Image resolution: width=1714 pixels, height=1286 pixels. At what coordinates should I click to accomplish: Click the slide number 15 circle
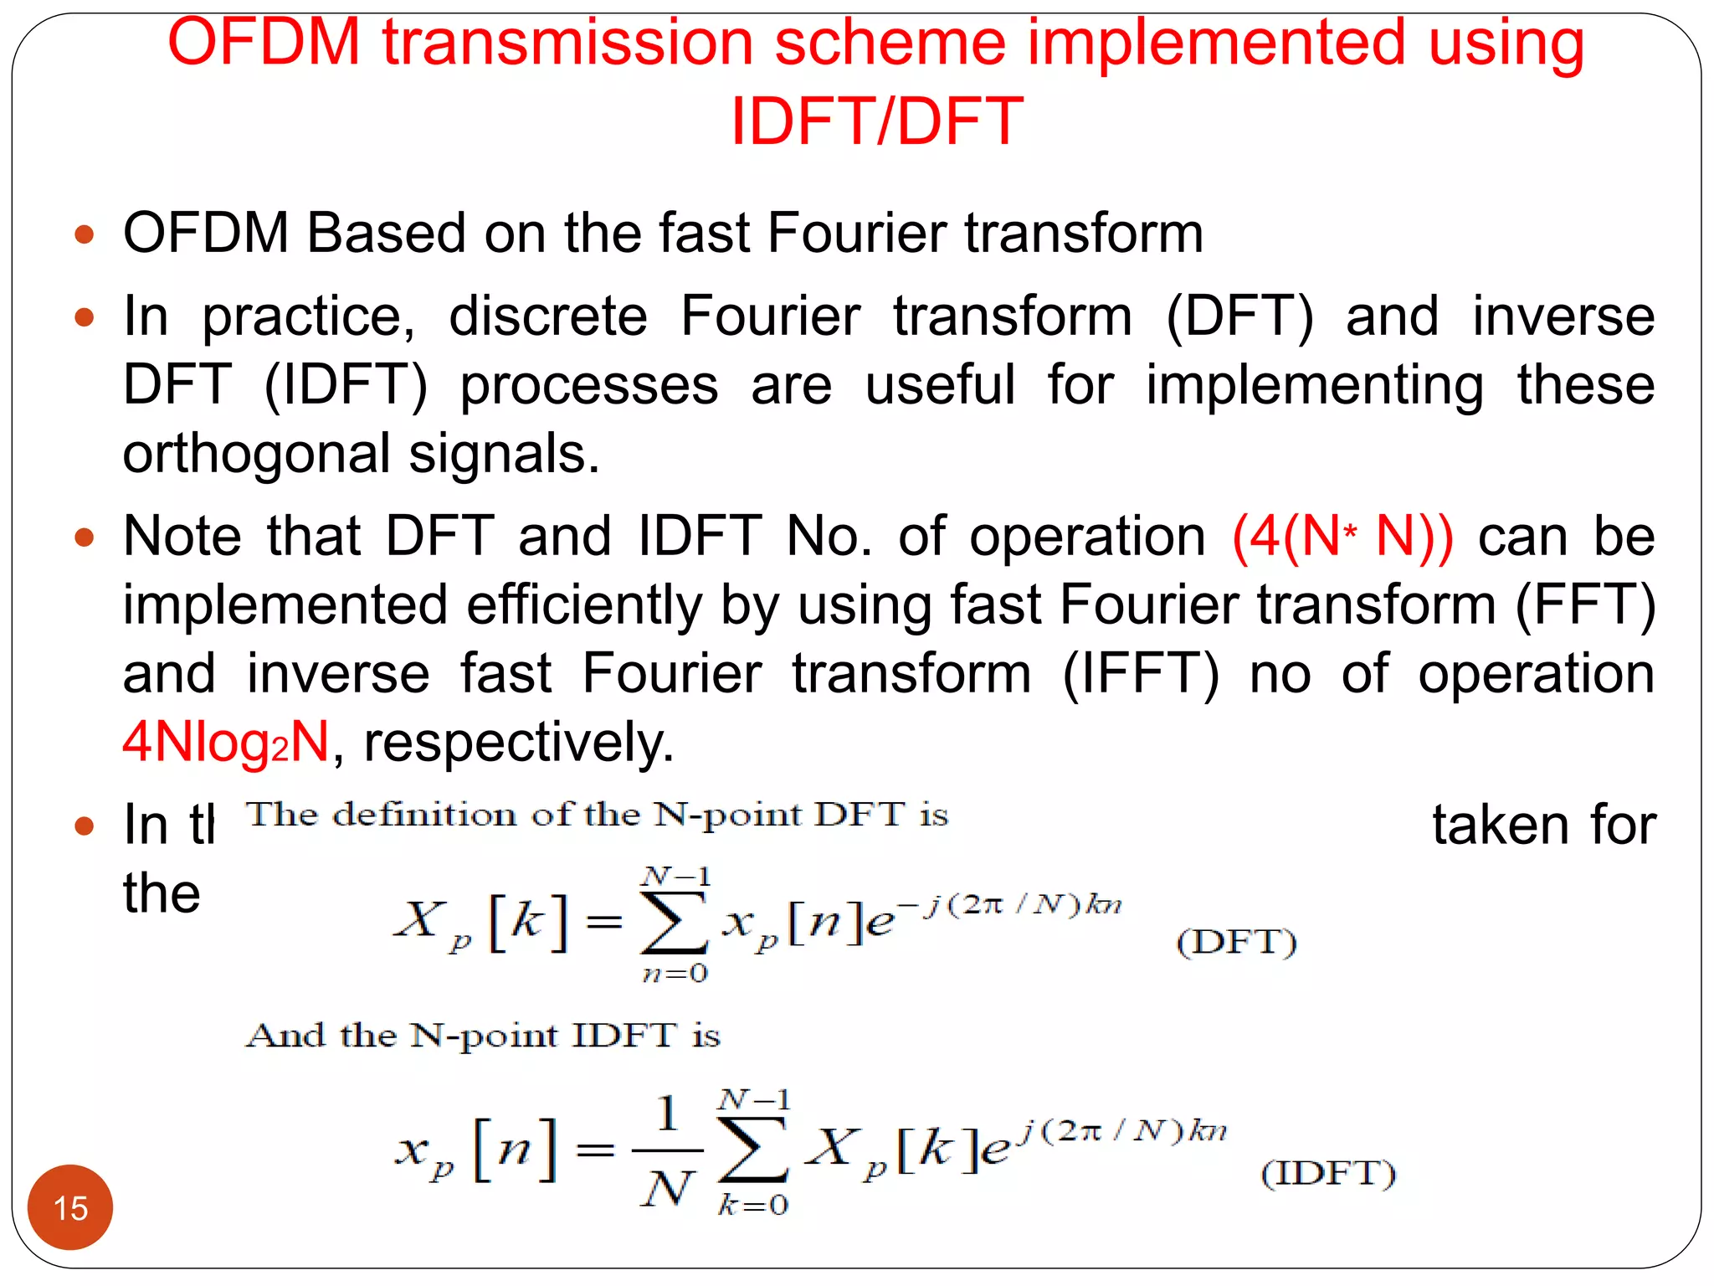tap(70, 1206)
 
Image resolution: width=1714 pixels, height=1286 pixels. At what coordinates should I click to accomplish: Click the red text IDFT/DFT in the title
tap(876, 121)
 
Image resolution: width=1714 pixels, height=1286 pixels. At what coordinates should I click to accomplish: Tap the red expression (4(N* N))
tap(1342, 536)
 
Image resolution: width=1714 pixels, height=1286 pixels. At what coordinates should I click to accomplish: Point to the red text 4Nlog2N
tap(226, 742)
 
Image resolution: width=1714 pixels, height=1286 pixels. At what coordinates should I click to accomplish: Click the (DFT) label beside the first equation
tap(1236, 942)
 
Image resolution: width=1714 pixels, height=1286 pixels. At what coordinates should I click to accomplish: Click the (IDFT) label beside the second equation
tap(1328, 1173)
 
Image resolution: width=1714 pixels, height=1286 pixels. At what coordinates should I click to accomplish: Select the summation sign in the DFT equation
tap(674, 923)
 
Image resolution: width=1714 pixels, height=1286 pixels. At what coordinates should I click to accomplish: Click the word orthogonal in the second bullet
tap(256, 454)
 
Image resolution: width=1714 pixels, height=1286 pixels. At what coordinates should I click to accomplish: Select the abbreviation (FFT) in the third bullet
tap(1585, 604)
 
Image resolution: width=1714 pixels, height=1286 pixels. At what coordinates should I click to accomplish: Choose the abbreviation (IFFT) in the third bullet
tap(1141, 673)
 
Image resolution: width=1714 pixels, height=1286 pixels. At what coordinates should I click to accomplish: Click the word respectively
tap(519, 742)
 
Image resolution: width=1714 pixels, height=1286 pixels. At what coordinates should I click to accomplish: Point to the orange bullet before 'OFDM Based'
tap(85, 234)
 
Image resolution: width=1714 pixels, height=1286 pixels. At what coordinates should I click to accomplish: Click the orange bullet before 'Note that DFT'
tap(85, 537)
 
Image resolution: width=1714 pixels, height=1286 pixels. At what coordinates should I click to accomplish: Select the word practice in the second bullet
tap(308, 316)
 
